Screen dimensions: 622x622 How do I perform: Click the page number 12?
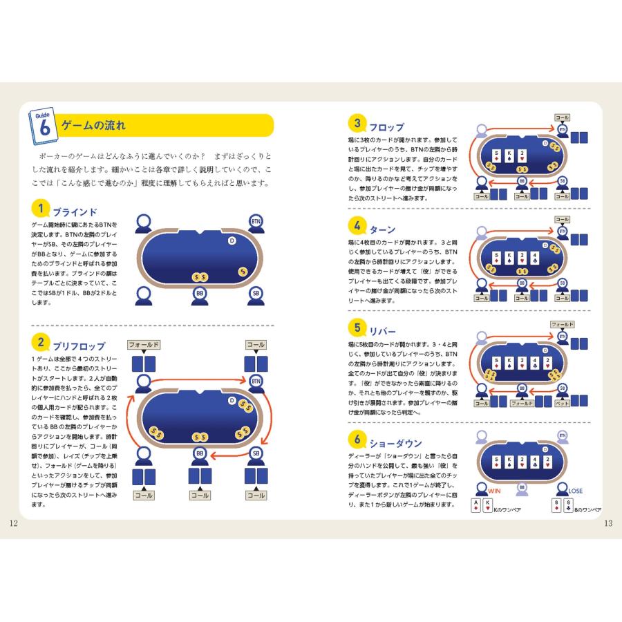tap(13, 523)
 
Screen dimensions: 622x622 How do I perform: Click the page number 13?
tap(608, 523)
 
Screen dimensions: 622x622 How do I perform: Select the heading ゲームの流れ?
tap(94, 126)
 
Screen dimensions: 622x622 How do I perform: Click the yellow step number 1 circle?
tap(41, 209)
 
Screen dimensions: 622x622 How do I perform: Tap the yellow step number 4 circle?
tap(357, 226)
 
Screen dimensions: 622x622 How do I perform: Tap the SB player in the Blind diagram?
tap(256, 294)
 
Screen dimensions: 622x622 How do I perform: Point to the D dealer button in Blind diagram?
tap(232, 241)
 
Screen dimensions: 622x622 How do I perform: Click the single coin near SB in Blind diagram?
tap(243, 272)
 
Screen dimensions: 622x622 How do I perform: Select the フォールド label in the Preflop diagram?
tap(144, 344)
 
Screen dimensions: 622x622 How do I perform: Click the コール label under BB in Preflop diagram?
tap(200, 495)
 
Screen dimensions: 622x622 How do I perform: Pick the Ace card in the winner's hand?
tap(476, 506)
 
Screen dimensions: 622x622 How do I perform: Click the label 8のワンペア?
tap(591, 509)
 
